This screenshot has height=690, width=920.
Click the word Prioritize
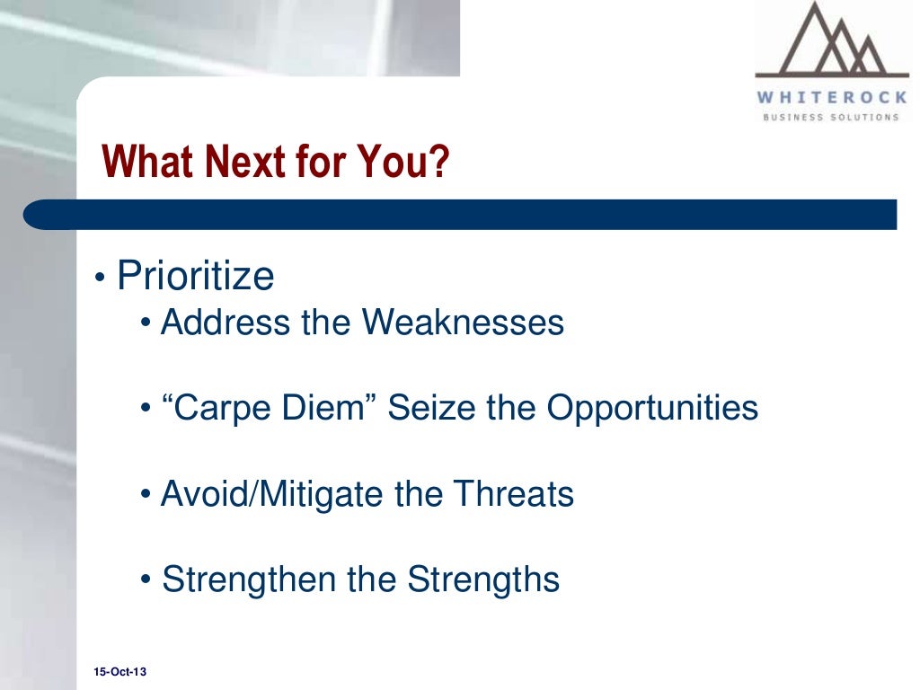(x=195, y=277)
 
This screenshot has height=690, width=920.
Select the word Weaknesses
(x=463, y=323)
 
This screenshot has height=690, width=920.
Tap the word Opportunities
(x=652, y=409)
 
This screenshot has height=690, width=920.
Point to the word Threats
(x=513, y=494)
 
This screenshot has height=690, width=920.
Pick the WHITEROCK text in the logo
(x=831, y=98)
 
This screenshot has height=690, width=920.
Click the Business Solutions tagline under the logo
(x=831, y=117)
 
